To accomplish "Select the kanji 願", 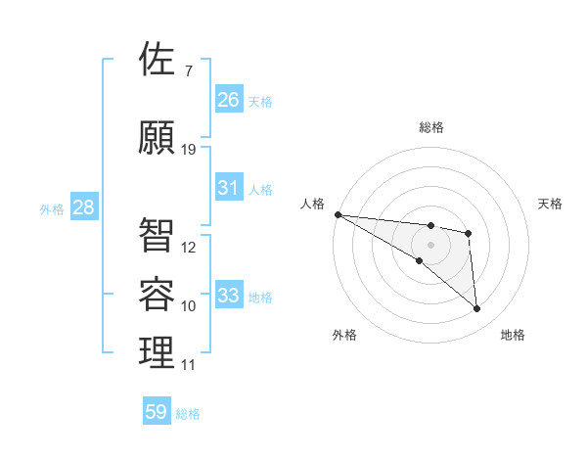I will coord(158,138).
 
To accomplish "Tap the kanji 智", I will coord(158,236).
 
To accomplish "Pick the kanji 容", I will coord(158,295).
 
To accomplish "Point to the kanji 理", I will coord(158,353).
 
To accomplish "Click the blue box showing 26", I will coord(229,99).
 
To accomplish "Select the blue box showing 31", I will coord(229,188).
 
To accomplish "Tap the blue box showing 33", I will coord(229,296).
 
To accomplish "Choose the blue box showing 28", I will coord(83,207).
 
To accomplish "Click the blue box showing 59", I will coord(157,412).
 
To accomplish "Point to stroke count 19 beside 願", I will coord(189,150).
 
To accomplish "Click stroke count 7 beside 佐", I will coord(188,71).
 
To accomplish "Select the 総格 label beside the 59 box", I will coord(188,414).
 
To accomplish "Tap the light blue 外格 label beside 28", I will coord(52,208).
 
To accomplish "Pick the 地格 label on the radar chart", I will coord(513,335).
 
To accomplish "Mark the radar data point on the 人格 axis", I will coord(338,214).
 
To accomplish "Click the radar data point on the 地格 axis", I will coord(476,309).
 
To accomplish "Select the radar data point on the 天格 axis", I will coord(469,233).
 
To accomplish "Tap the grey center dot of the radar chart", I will coord(430,245).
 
